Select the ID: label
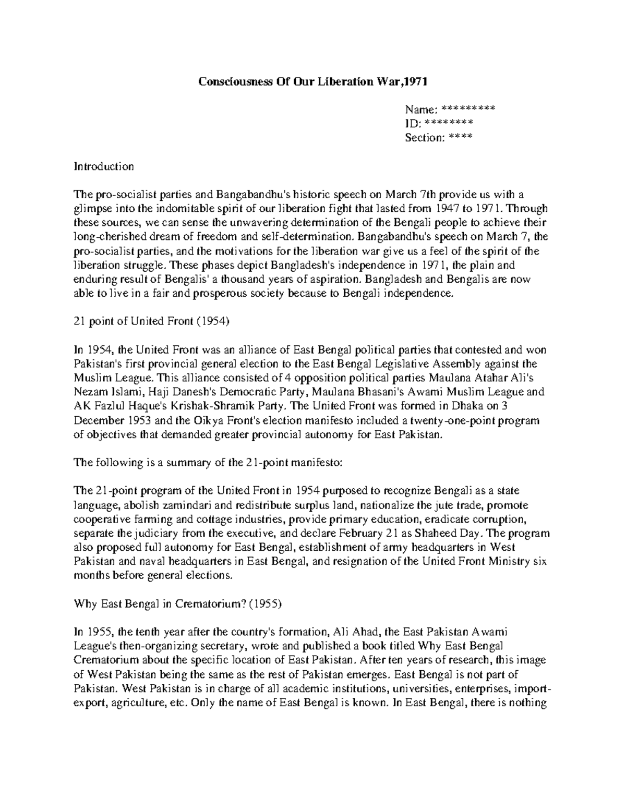pyautogui.click(x=413, y=124)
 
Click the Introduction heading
pyautogui.click(x=104, y=166)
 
